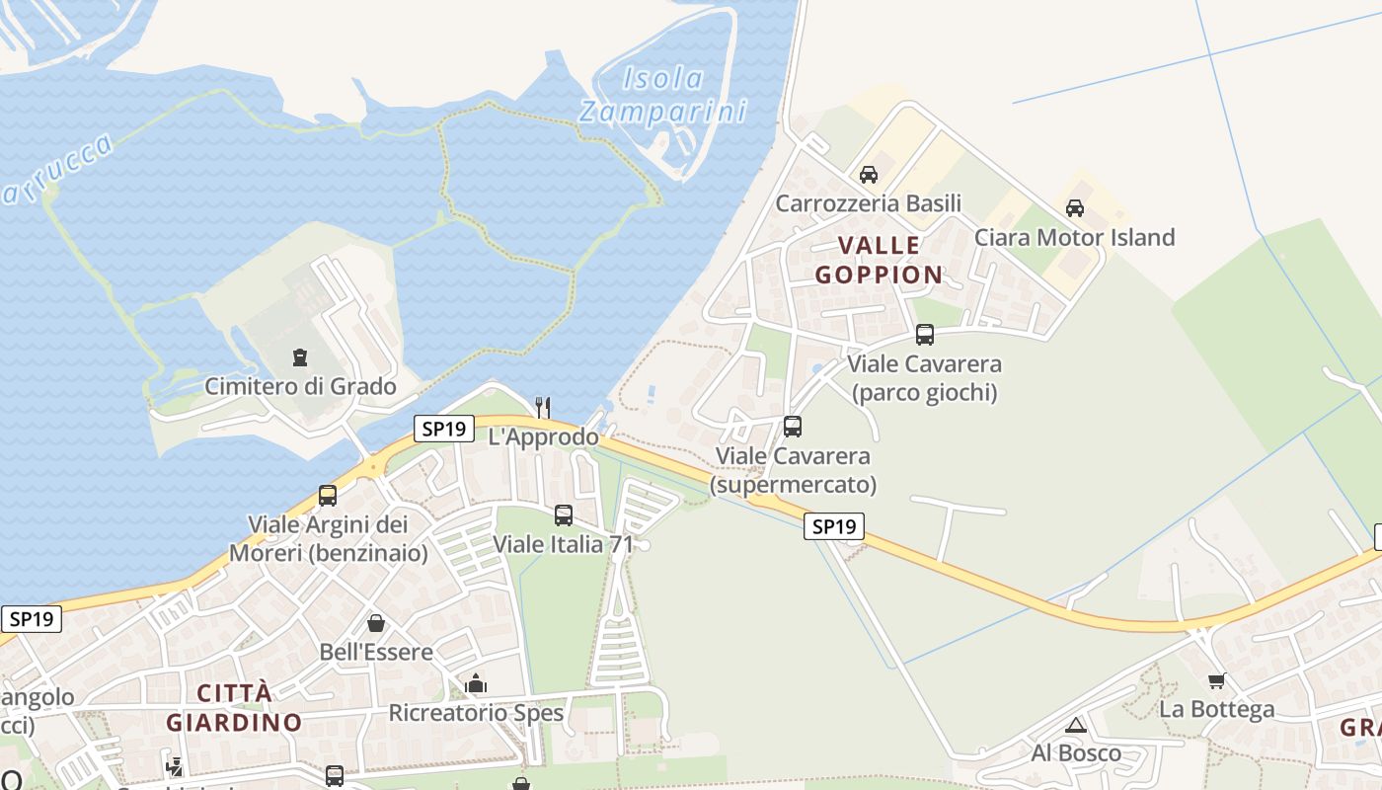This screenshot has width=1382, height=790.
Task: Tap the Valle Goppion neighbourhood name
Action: (x=879, y=260)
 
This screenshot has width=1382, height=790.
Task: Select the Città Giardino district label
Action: (x=234, y=707)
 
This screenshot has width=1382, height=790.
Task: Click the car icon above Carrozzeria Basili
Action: (x=869, y=175)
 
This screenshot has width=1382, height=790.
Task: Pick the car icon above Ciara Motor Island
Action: (x=1075, y=208)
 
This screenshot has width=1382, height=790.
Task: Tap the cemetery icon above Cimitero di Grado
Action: (x=300, y=357)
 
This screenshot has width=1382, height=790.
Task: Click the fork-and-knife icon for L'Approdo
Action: (x=542, y=406)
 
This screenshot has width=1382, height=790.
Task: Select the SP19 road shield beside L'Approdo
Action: (x=443, y=429)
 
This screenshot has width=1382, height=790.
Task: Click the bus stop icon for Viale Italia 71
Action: (x=564, y=514)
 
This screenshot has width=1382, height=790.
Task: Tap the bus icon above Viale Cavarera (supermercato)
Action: (x=793, y=427)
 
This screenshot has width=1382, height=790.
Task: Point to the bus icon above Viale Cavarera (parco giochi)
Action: (x=925, y=334)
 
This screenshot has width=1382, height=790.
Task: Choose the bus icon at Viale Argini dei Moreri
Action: (x=328, y=495)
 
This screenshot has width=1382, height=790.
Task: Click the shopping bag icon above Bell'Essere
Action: (x=376, y=623)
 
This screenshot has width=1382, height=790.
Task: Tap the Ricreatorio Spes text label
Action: (x=476, y=713)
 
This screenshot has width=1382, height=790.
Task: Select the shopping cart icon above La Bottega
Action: (x=1216, y=680)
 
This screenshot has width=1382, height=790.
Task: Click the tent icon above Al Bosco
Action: (x=1076, y=726)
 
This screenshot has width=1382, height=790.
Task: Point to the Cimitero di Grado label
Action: (x=300, y=386)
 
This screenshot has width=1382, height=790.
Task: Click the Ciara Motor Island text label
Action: (x=1075, y=237)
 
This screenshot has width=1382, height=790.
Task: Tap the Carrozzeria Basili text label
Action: (x=869, y=203)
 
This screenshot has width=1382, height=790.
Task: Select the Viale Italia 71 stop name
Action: (x=563, y=543)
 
